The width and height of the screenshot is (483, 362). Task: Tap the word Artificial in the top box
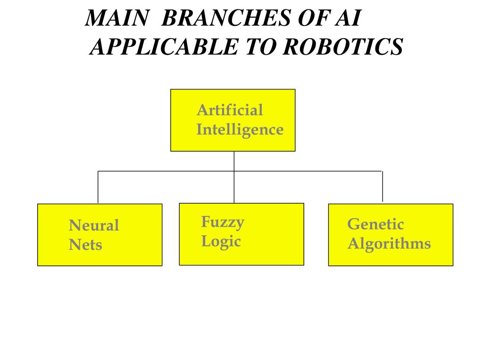coord(229,110)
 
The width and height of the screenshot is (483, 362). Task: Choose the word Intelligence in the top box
coord(240,130)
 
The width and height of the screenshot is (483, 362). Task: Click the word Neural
coord(94,225)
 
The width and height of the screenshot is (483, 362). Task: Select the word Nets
coord(85,245)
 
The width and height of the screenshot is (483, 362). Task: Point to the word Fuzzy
coord(223,222)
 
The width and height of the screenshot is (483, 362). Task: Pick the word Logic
coord(221,241)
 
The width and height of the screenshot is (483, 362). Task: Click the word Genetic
coord(375,224)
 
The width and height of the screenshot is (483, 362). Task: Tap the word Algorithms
coord(389,244)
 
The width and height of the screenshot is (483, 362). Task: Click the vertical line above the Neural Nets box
coord(98,187)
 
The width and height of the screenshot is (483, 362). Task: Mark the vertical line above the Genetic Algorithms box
coord(382,186)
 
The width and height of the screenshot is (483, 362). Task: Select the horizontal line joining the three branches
coord(165,171)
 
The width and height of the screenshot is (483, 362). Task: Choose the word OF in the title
coord(311,19)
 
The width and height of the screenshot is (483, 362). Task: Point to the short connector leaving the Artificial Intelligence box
coord(234,161)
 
